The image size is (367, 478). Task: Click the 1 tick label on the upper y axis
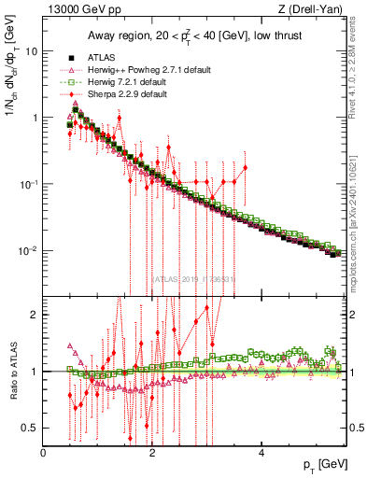coord(35,118)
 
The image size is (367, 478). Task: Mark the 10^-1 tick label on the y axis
coord(31,184)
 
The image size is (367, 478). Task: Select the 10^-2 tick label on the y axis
coord(31,251)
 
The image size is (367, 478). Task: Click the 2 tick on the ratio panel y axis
coord(35,315)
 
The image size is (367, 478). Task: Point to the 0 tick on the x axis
coord(44,452)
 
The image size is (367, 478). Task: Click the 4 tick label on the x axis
coord(261,452)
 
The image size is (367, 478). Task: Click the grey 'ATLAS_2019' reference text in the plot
coord(193,277)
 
